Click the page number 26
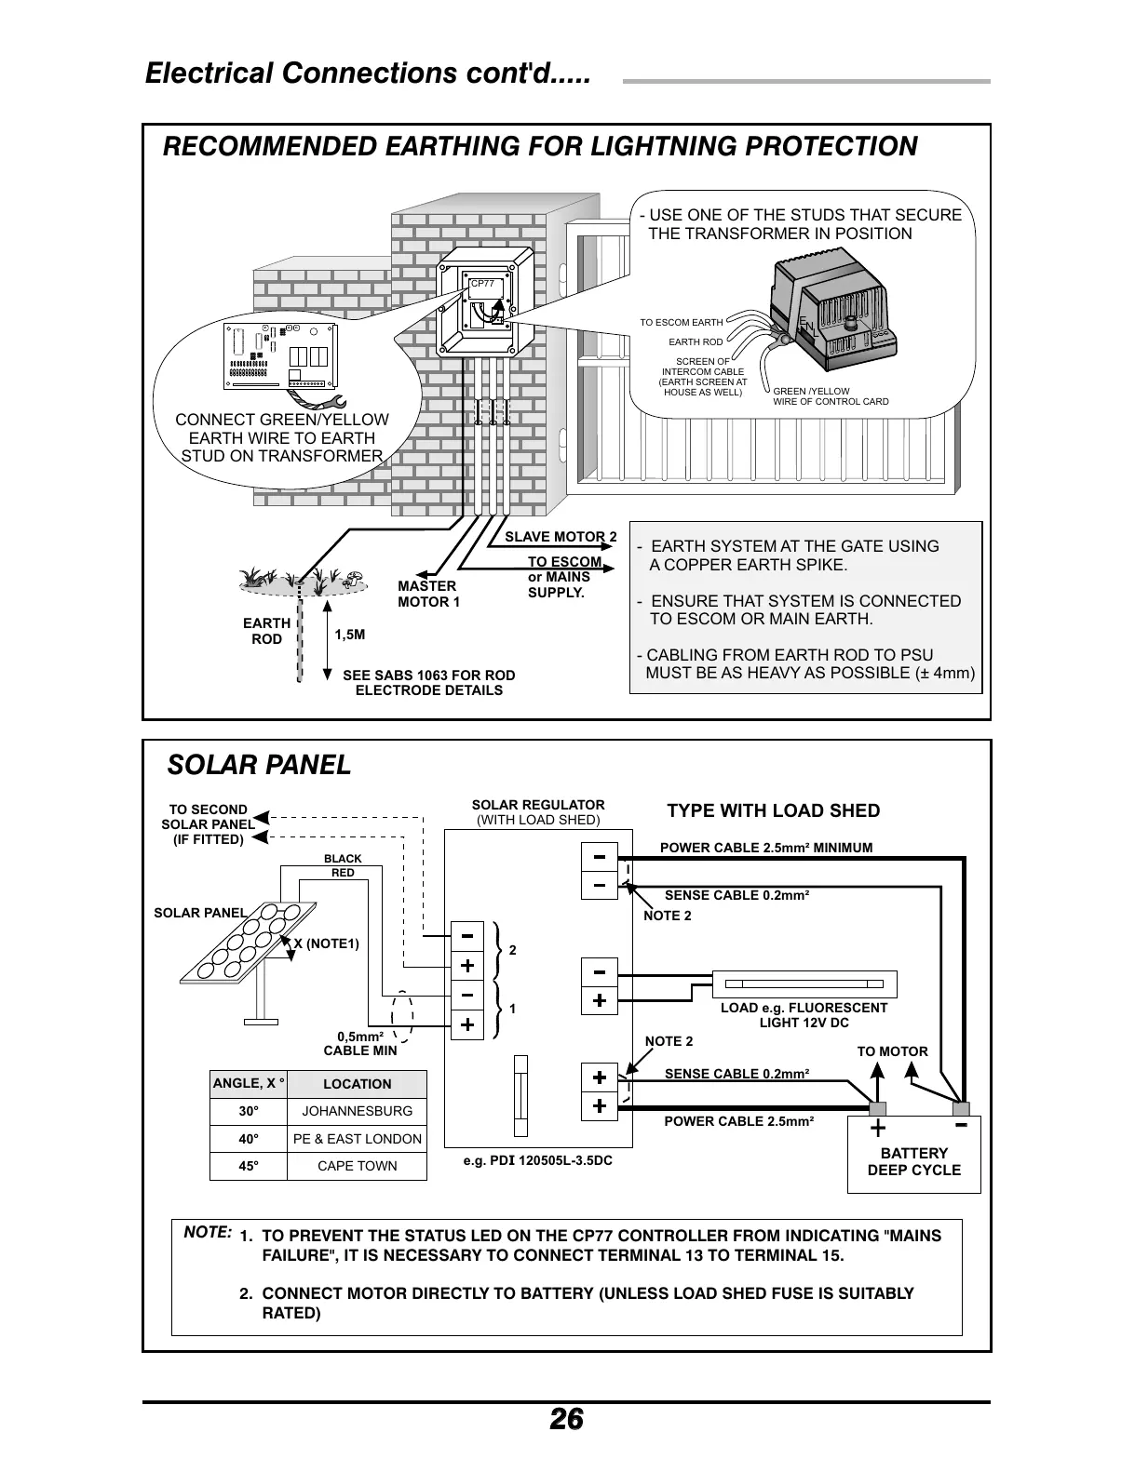[566, 1419]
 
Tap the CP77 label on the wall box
[482, 284]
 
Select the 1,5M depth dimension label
[349, 635]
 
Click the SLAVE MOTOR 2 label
[561, 537]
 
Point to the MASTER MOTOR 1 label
[428, 594]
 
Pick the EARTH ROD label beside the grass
[267, 631]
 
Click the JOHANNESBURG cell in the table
[357, 1111]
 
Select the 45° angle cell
[249, 1166]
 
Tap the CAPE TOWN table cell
[357, 1166]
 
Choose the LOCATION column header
[357, 1084]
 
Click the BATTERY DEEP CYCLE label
[913, 1161]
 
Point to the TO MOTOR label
[892, 1051]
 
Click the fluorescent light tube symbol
[805, 984]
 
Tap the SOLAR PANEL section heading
[259, 765]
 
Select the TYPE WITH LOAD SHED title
[773, 810]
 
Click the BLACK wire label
[343, 858]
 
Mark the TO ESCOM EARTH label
[681, 323]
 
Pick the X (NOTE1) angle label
[326, 943]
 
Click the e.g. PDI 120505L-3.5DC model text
[537, 1161]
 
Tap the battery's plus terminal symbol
[877, 1129]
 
